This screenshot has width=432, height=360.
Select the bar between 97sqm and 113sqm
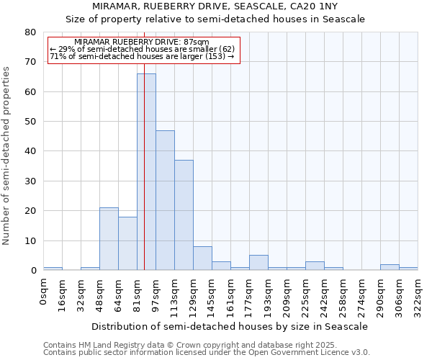click(x=165, y=200)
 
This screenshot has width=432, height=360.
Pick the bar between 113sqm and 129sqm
click(x=184, y=215)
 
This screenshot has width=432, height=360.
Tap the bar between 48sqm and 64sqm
click(x=109, y=239)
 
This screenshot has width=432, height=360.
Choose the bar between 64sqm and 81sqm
click(x=127, y=243)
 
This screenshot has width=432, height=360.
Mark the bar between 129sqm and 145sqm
click(x=202, y=258)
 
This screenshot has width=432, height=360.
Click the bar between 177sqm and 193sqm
click(x=258, y=263)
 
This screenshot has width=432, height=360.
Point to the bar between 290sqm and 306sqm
click(x=390, y=267)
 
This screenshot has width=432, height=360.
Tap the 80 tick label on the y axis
click(x=30, y=32)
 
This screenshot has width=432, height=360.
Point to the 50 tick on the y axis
click(x=30, y=122)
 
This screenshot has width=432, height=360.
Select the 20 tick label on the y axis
click(x=30, y=211)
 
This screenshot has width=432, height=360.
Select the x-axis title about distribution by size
click(x=230, y=326)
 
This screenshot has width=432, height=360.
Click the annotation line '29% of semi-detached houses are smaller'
click(x=141, y=49)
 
